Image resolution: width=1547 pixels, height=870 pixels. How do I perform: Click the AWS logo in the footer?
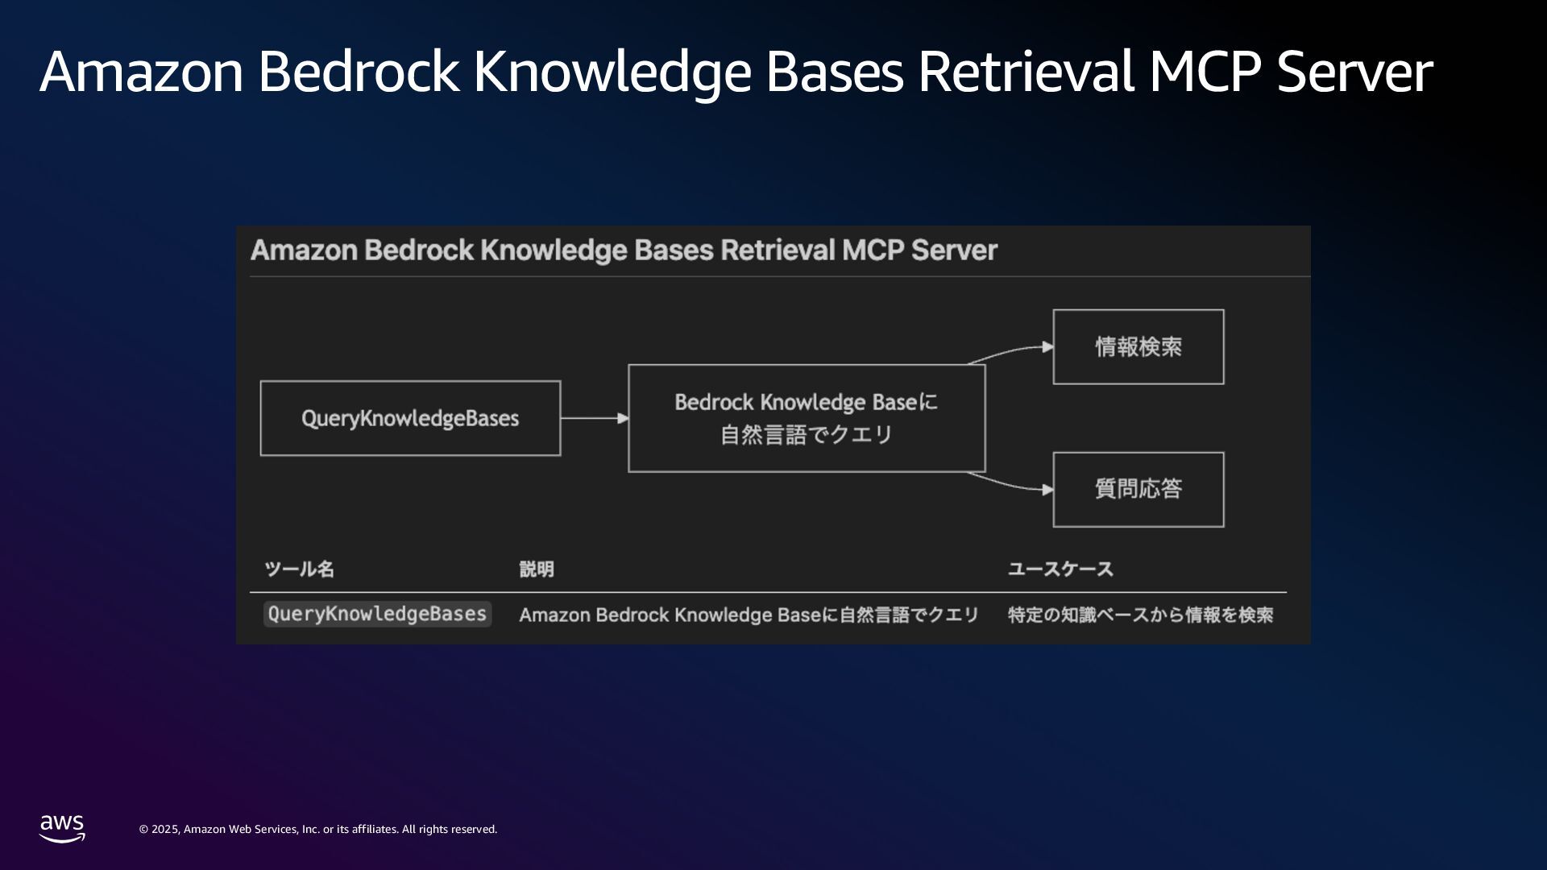pos(62,828)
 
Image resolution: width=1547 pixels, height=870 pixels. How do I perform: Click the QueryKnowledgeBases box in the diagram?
pos(410,418)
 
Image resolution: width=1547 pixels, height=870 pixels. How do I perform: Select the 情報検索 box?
pos(1138,347)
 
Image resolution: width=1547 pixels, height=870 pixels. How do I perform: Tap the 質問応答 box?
pos(1138,489)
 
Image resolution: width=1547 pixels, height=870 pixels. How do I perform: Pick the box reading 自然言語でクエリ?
pos(807,418)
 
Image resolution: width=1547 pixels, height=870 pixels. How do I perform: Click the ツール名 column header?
pos(299,570)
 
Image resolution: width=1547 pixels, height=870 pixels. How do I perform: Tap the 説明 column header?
pos(537,570)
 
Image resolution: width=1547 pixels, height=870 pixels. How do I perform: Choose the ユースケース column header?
pos(1060,570)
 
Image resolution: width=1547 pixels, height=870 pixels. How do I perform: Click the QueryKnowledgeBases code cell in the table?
pos(377,614)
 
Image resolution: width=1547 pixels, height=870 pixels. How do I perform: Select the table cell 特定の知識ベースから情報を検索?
pos(1140,615)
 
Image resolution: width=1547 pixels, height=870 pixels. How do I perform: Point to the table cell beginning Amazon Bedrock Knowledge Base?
pos(749,615)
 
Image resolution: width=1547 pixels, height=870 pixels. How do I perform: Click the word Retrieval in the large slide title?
pos(1026,72)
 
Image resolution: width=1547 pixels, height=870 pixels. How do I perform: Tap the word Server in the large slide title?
pos(1354,72)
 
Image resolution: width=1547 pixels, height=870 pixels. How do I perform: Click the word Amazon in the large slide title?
pos(142,72)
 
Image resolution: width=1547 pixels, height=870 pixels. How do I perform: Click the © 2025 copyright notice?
pos(318,829)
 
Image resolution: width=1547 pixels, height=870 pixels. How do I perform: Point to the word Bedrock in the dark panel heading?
pos(419,251)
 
